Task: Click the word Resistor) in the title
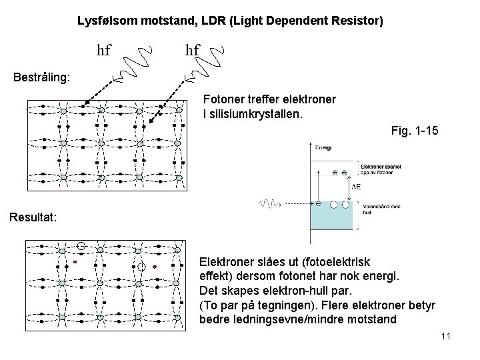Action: [357, 21]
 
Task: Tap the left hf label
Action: [104, 50]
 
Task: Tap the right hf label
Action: [192, 50]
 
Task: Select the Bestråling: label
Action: [42, 77]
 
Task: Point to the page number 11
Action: [446, 336]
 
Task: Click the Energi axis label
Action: [324, 147]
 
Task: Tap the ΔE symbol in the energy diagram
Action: [356, 187]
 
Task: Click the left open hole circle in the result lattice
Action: [81, 245]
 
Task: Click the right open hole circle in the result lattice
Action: [141, 267]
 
